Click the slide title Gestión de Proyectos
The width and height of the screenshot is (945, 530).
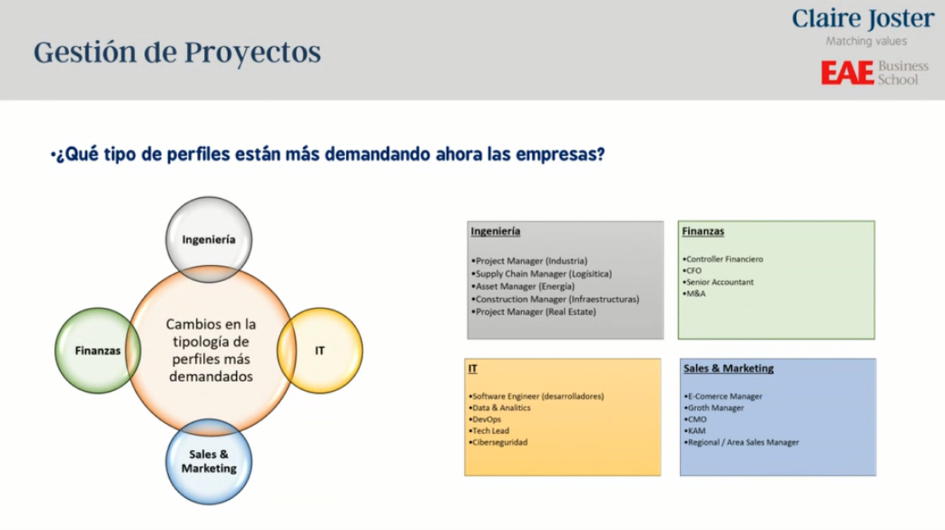pos(177,52)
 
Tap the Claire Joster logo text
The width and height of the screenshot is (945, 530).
pos(862,19)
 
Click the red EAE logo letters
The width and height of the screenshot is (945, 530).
pos(847,74)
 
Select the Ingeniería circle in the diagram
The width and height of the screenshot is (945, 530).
pos(208,240)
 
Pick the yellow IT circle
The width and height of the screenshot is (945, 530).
pos(320,349)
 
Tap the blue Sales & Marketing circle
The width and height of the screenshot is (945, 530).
pos(208,461)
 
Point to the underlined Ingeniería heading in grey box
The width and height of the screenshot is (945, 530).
pos(496,231)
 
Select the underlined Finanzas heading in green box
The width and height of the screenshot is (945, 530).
pos(704,231)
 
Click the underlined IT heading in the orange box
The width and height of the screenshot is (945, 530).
pos(473,369)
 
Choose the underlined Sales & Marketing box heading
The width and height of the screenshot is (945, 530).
pos(729,368)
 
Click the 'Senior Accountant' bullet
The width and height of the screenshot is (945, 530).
pos(719,282)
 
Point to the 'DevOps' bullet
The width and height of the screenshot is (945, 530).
pos(487,419)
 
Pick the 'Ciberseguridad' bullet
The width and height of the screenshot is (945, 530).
pos(498,442)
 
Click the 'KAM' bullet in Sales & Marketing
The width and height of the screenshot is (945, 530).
pos(695,431)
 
